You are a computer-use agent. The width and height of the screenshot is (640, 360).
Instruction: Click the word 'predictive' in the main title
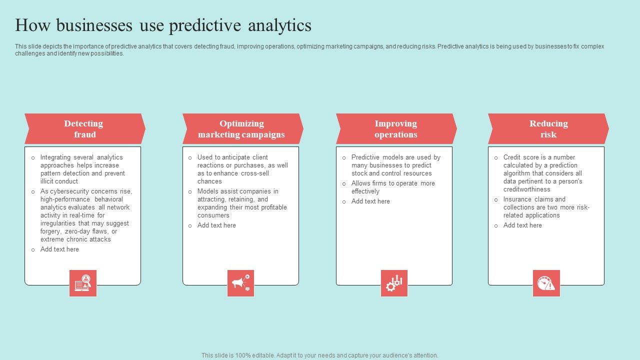coord(205,25)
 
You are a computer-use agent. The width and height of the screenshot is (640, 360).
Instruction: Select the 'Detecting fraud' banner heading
coord(83,129)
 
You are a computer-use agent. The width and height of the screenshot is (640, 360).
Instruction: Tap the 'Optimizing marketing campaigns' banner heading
coord(241,129)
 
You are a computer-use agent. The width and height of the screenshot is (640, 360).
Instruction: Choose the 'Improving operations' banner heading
coord(395,129)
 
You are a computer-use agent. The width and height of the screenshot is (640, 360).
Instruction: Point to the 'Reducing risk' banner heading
coord(548,129)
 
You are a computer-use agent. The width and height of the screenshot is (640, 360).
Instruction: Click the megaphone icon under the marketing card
coord(240,283)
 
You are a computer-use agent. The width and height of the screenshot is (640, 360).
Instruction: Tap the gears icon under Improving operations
coord(394,283)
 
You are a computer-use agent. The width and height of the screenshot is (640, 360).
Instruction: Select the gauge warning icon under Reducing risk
coord(546,283)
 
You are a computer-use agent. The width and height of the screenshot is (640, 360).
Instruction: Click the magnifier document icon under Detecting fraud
coord(83,283)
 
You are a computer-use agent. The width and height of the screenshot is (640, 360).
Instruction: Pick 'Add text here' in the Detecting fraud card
coord(59,249)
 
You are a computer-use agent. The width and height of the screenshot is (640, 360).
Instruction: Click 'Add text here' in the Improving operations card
coord(370,201)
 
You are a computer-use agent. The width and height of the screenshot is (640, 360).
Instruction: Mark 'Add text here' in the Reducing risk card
coord(522,225)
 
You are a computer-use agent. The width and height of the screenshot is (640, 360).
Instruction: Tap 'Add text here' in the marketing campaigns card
coord(216,225)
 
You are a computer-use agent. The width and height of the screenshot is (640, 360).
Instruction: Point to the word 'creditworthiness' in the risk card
coord(527,189)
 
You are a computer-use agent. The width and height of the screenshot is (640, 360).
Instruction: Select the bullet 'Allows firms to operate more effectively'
coord(393,187)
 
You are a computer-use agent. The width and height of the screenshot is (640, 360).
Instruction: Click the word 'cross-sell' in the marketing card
coord(255,173)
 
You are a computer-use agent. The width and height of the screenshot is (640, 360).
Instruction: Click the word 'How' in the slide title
coord(32,25)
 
